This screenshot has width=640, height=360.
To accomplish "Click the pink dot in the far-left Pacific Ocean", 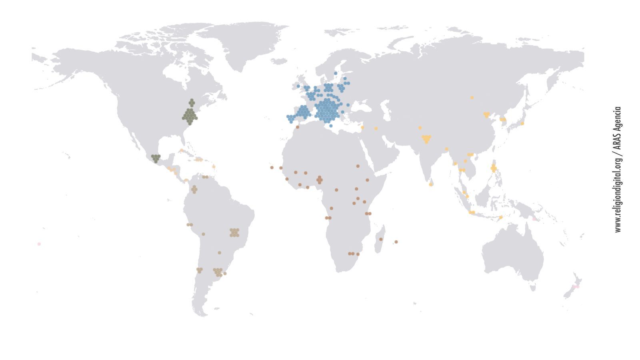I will [39, 244].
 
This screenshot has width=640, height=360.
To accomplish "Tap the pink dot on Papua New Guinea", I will [534, 219].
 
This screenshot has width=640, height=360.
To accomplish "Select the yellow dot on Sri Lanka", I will [431, 184].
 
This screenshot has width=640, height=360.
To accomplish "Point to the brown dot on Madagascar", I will [381, 239].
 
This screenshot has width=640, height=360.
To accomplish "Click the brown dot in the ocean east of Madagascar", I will [396, 242].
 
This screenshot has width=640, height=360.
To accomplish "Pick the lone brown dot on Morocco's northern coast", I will [297, 127].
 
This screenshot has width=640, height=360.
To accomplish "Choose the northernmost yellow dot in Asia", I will [472, 98].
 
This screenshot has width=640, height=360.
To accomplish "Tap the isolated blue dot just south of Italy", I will [331, 126].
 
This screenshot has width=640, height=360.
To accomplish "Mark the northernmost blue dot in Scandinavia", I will [336, 73].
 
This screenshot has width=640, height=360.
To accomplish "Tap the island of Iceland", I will [279, 61].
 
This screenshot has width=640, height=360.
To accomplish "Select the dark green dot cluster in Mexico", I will [156, 158].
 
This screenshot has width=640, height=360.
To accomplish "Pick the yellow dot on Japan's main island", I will [522, 123].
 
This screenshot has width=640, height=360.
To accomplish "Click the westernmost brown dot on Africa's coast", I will [272, 168].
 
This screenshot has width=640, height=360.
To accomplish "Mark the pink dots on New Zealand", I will [576, 287].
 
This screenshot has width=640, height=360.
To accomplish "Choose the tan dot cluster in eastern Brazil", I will [234, 232].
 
